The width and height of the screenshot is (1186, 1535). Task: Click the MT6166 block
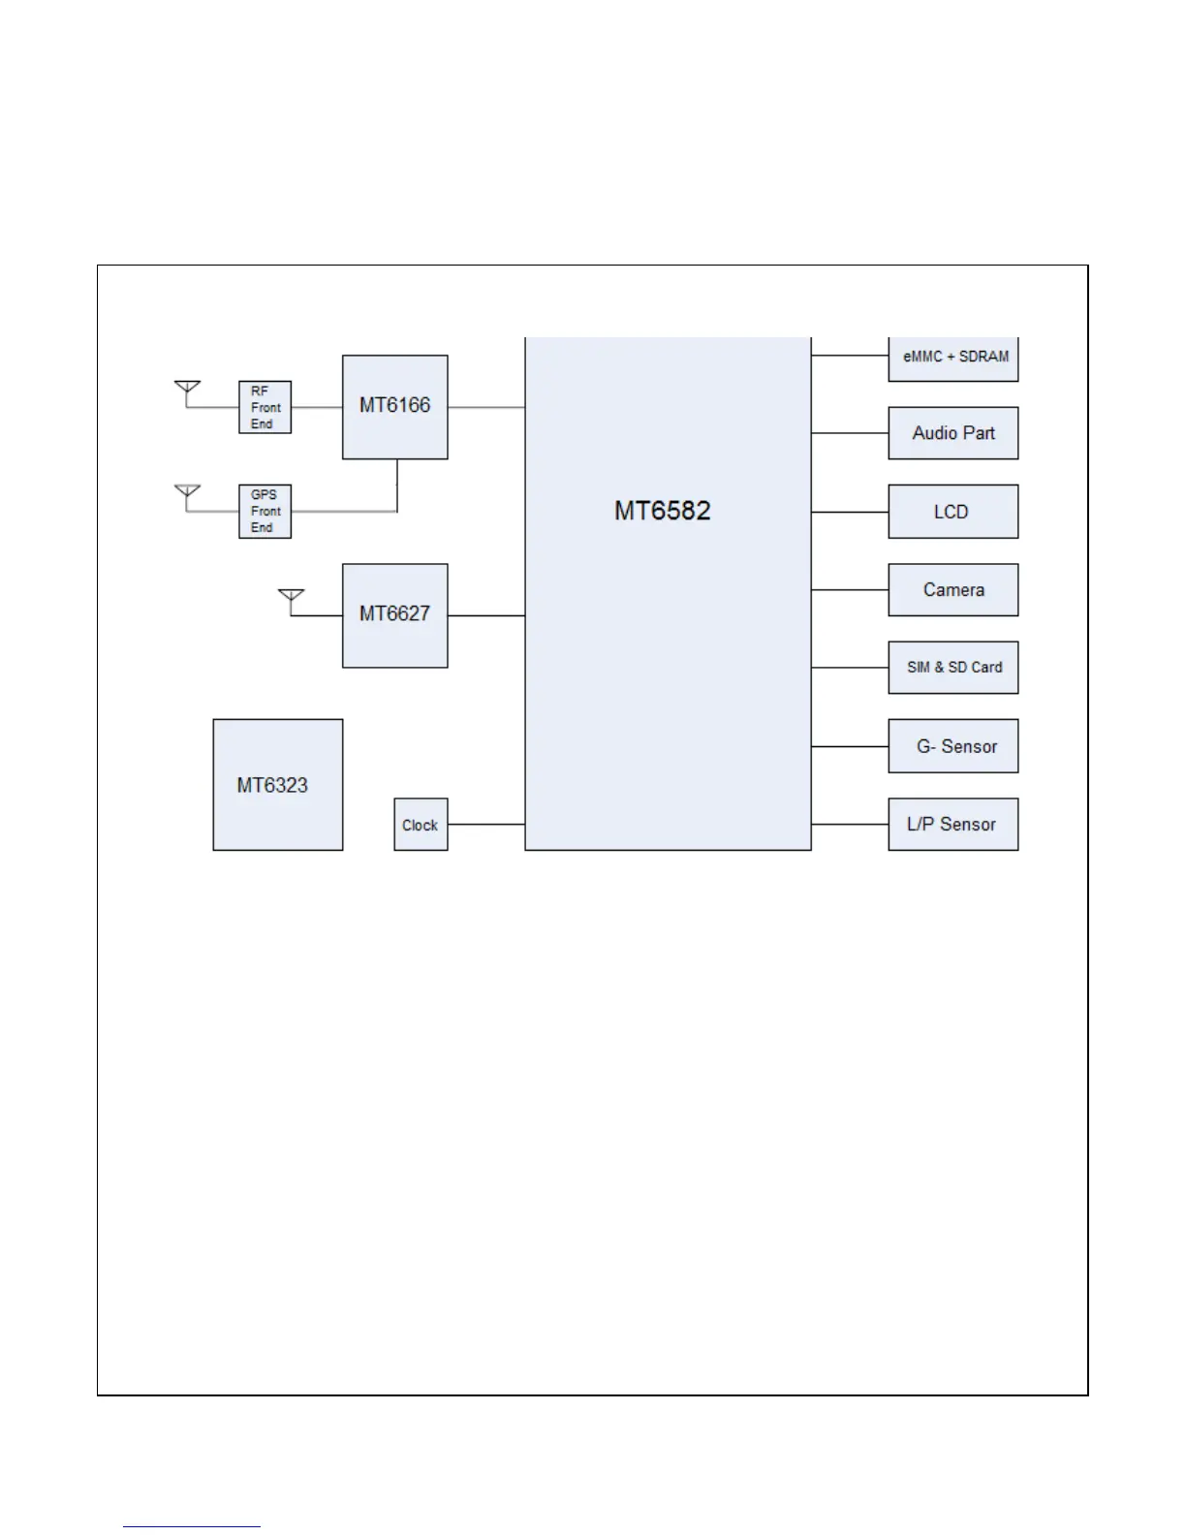394,406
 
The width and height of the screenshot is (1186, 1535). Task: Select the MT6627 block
394,614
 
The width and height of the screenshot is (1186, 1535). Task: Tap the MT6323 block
277,784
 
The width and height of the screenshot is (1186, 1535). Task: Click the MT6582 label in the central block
663,511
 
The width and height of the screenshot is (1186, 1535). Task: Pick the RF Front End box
265,407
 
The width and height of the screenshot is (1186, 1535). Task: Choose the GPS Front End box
265,511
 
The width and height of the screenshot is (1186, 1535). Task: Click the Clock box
421,825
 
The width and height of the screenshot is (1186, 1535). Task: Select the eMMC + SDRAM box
953,358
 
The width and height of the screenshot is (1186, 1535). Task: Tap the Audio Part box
953,433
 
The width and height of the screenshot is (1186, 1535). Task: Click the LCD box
953,512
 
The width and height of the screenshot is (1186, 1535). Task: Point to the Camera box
953,589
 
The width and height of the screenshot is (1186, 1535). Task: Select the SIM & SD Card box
953,667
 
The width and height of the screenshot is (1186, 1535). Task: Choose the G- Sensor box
953,746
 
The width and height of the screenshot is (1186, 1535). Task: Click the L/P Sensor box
953,825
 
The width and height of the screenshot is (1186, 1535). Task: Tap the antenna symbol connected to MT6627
291,596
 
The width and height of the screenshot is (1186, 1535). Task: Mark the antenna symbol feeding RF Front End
187,389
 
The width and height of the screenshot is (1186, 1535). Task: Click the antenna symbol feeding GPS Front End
187,492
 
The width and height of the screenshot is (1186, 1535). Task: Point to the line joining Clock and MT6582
486,825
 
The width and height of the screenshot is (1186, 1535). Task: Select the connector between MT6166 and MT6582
486,407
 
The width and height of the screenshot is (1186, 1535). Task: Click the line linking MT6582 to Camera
850,589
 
